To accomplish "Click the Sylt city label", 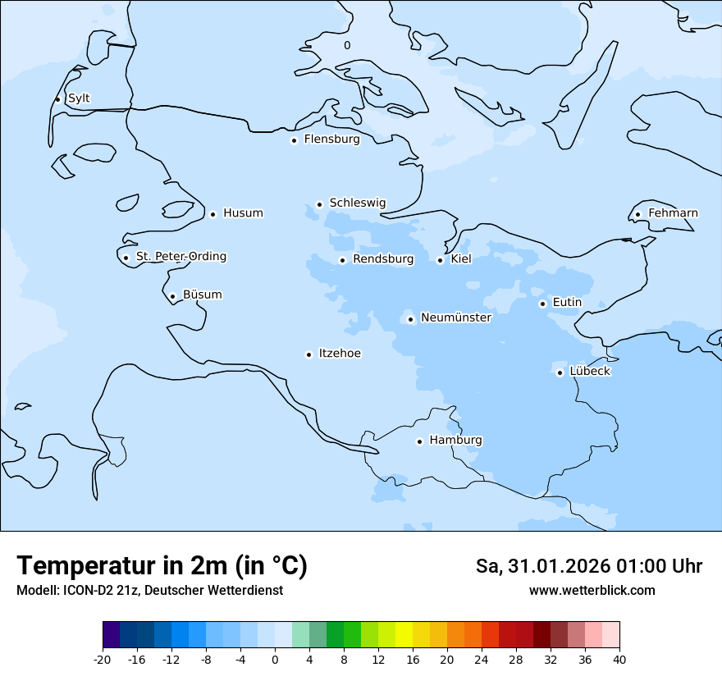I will click(x=79, y=98).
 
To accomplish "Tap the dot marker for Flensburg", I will click(x=294, y=140).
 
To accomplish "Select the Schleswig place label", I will click(x=357, y=203).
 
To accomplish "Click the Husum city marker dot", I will click(x=212, y=214).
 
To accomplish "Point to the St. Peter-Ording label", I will click(x=180, y=256).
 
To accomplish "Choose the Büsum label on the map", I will click(x=202, y=295).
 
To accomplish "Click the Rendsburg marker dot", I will click(x=342, y=261).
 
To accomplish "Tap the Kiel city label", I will click(x=461, y=259).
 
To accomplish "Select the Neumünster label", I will click(x=455, y=318).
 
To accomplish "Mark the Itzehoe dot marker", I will click(x=308, y=354).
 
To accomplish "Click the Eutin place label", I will click(x=567, y=302).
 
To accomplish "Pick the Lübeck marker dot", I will click(x=560, y=372).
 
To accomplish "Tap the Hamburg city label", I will click(x=455, y=440).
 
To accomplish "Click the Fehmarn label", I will click(x=673, y=213).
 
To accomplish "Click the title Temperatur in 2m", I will click(x=162, y=566).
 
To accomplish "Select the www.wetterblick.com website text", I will click(x=592, y=591).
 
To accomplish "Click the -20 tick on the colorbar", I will click(x=103, y=659).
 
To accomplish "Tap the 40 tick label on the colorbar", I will click(x=619, y=659).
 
